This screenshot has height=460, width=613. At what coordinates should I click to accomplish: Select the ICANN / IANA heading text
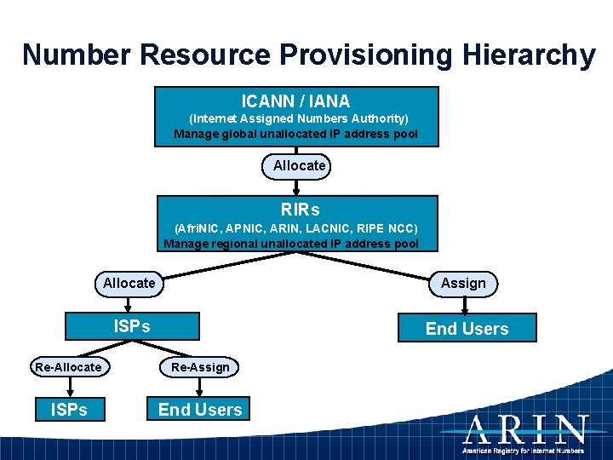[x=295, y=101]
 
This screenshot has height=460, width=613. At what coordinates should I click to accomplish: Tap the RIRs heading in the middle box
[x=300, y=210]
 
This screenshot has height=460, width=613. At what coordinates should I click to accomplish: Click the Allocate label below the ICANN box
[x=299, y=165]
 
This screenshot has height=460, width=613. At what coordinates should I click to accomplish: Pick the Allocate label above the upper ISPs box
[x=129, y=283]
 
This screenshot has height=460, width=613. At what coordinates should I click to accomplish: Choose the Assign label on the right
[x=463, y=283]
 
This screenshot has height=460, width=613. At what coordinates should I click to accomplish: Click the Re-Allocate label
[x=68, y=367]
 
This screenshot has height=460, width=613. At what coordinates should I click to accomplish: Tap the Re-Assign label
[x=200, y=367]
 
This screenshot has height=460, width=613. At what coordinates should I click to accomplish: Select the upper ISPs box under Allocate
[x=133, y=326]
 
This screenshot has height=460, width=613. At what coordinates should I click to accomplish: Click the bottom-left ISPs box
[x=69, y=410]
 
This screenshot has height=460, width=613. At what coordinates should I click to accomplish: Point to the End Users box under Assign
[x=467, y=329]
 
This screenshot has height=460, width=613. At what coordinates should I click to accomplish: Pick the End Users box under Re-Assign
[x=200, y=410]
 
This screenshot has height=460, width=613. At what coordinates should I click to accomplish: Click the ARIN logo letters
[x=524, y=428]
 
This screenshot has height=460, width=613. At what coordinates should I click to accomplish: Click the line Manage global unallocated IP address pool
[x=295, y=134]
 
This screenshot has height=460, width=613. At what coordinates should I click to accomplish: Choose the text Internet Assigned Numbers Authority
[x=298, y=118]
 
